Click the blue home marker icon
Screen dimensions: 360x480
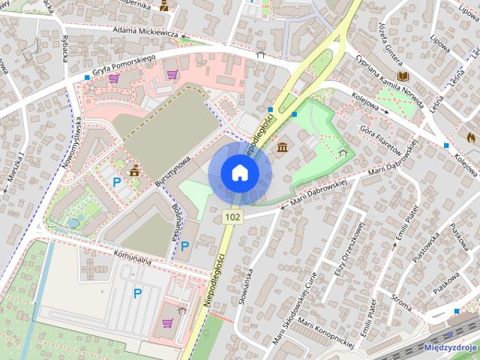(x=239, y=172)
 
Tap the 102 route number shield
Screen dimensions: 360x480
(x=232, y=217)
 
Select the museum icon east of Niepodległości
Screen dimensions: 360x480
(x=282, y=146)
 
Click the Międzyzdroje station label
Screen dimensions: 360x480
(x=451, y=347)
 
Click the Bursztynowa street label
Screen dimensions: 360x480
(x=171, y=170)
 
